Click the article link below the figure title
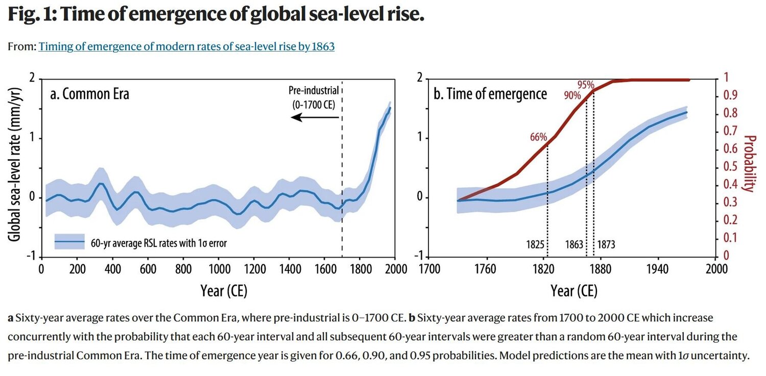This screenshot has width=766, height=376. tap(186, 47)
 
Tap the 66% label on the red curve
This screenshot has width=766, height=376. tap(539, 137)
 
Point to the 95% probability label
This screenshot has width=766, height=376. tap(586, 84)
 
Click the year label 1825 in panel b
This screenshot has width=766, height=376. tap(535, 244)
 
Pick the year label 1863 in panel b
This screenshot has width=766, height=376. tap(574, 244)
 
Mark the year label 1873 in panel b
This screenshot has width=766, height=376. tap(606, 244)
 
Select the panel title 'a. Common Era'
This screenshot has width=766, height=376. tap(89, 94)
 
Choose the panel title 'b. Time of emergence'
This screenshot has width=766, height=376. tap(490, 94)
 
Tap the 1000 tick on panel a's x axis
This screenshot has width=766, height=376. tap(218, 269)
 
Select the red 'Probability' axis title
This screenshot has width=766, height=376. tap(749, 163)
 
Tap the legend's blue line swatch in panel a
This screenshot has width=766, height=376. tap(70, 242)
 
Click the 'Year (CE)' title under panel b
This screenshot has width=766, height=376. tap(573, 290)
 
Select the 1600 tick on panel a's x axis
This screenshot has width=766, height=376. tap(324, 269)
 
